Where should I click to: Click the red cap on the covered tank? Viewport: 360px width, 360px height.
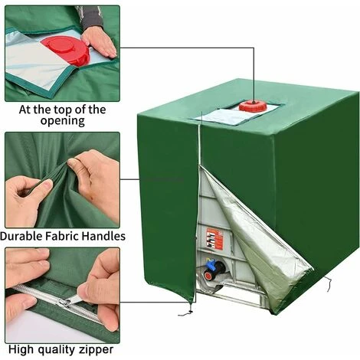(x=253, y=106)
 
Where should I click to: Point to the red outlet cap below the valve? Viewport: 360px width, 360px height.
(x=208, y=276)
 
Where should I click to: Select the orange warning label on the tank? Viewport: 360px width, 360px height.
(x=214, y=239)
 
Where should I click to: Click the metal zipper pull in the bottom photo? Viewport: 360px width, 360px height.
(x=70, y=301)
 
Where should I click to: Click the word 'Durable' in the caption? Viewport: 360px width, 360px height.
(x=21, y=236)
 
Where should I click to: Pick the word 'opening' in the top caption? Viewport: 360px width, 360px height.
(x=63, y=121)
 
